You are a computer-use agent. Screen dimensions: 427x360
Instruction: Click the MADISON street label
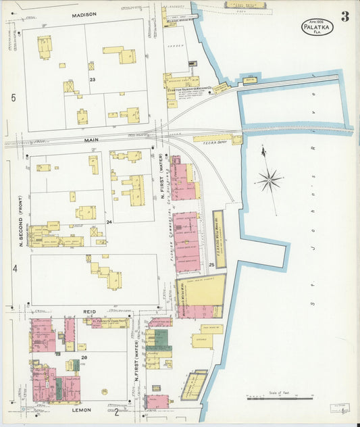[x=84, y=14]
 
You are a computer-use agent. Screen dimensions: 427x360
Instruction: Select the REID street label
[x=89, y=311]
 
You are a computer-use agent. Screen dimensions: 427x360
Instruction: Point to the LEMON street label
[x=82, y=409]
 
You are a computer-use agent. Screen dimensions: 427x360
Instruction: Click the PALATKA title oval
[x=317, y=28]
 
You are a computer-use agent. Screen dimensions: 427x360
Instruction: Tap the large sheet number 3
[x=345, y=17]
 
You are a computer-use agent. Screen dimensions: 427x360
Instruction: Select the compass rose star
[x=269, y=179]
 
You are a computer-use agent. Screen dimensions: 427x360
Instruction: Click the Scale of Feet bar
[x=270, y=399]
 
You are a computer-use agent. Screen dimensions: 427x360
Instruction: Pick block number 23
[x=93, y=80]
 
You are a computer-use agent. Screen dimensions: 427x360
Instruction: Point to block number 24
[x=108, y=221]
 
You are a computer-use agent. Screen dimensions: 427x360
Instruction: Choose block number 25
[x=211, y=263]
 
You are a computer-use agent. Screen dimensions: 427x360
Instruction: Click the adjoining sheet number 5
[x=13, y=98]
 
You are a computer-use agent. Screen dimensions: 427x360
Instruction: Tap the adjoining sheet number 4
[x=13, y=268]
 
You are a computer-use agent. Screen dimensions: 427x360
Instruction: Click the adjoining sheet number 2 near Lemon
[x=116, y=411]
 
